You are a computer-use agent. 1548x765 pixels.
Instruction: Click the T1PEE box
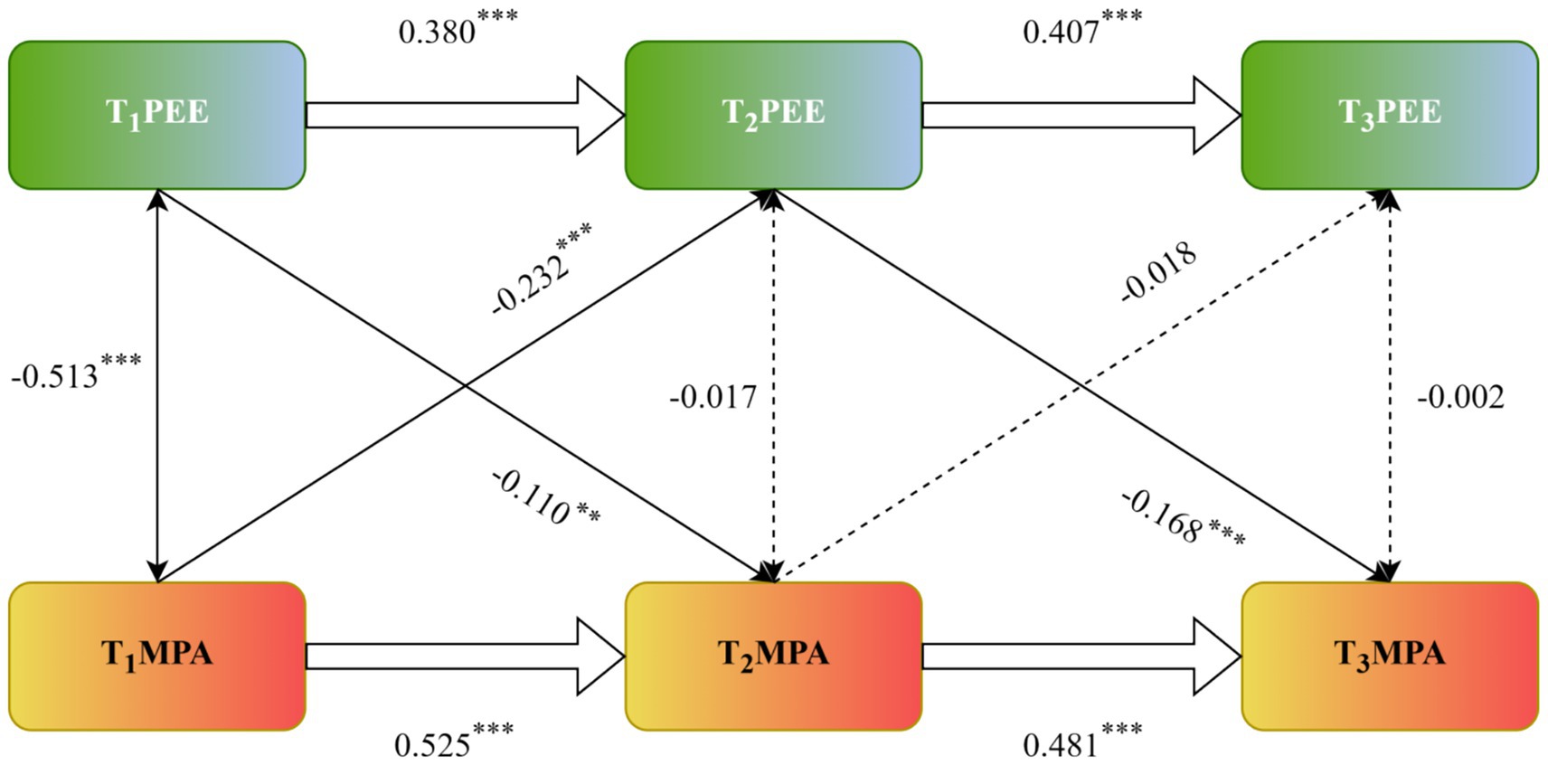click(157, 115)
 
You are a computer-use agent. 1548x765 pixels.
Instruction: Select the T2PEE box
click(773, 115)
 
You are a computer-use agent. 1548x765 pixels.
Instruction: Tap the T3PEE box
click(1389, 115)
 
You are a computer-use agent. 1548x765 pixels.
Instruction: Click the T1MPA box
click(157, 656)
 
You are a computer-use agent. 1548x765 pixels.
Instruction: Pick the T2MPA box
click(773, 656)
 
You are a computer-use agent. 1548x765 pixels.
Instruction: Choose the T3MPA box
click(1389, 656)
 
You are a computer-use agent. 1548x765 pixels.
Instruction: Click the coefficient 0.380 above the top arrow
click(438, 33)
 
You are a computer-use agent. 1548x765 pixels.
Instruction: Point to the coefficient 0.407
click(1062, 33)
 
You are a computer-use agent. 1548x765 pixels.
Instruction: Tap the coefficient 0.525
click(433, 745)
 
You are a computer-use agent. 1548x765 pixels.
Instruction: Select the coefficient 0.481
click(1062, 745)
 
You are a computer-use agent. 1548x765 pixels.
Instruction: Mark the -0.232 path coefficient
click(533, 283)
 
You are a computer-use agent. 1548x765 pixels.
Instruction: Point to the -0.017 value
click(713, 397)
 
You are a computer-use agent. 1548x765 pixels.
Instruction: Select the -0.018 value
click(1159, 272)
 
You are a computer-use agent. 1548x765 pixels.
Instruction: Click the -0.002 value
click(1460, 397)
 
